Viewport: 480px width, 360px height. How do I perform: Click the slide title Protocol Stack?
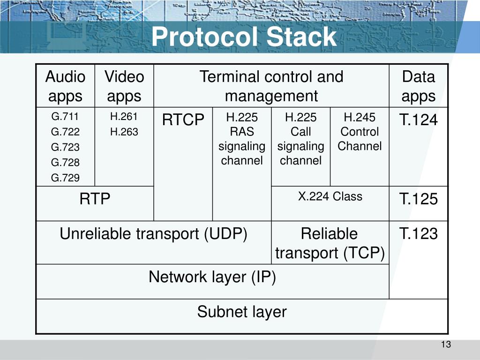tap(244, 37)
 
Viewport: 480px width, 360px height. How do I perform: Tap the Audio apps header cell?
tap(65, 86)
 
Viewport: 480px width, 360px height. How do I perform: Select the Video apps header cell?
tap(124, 86)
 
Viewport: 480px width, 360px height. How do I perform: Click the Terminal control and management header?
tap(271, 86)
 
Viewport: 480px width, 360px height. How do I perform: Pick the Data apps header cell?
tap(418, 86)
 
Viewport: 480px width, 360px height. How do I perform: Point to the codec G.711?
tap(65, 117)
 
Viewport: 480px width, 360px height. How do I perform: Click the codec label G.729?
tap(65, 178)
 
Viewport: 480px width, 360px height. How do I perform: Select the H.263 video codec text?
tap(124, 132)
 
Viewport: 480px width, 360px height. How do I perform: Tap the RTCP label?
tap(183, 120)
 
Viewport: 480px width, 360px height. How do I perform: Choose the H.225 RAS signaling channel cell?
tap(242, 139)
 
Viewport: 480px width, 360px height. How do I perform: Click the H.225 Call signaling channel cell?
tap(301, 139)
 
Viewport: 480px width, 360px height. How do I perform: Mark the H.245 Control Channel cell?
tap(360, 132)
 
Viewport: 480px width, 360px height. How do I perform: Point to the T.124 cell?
tap(418, 120)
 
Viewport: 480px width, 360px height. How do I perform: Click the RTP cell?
tap(95, 199)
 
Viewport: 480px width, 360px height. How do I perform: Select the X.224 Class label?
tap(330, 196)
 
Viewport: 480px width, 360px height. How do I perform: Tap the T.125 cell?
tap(418, 199)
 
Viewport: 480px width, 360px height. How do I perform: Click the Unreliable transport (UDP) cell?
tap(153, 234)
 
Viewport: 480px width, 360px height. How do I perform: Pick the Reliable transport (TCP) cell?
tap(330, 243)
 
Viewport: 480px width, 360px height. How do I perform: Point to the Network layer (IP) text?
tap(212, 277)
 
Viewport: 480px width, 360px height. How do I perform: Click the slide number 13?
tap(445, 345)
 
